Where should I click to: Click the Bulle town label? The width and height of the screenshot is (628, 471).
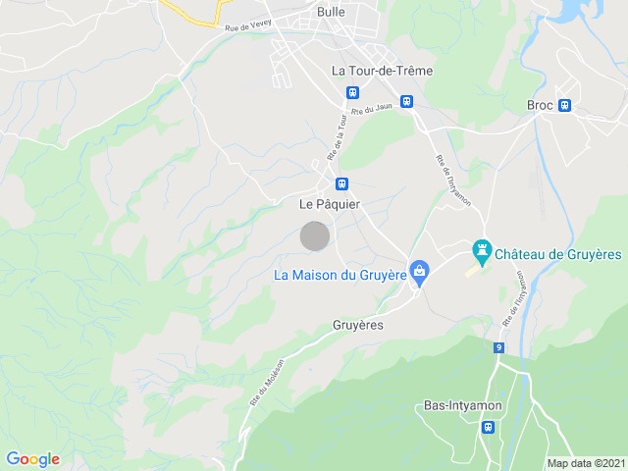point(331,12)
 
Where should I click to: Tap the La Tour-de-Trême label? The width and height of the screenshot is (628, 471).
point(382,71)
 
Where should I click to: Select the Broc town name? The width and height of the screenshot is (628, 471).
point(540,106)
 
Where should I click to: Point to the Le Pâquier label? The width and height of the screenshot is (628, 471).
point(330,204)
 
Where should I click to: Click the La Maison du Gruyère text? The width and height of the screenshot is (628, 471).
point(340,275)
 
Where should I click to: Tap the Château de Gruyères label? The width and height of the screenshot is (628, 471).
point(557,254)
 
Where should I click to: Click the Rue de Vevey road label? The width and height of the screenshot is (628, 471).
point(246,29)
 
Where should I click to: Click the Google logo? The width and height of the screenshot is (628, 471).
point(32,459)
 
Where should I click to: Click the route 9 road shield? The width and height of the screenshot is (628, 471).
point(498,347)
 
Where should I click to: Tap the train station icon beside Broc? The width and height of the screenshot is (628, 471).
point(564,106)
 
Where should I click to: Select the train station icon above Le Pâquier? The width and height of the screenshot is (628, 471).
point(341,183)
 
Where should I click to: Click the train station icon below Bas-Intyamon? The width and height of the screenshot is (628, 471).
point(488,427)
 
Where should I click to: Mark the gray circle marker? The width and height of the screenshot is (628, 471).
point(314,236)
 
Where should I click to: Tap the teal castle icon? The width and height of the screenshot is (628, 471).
point(481,250)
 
